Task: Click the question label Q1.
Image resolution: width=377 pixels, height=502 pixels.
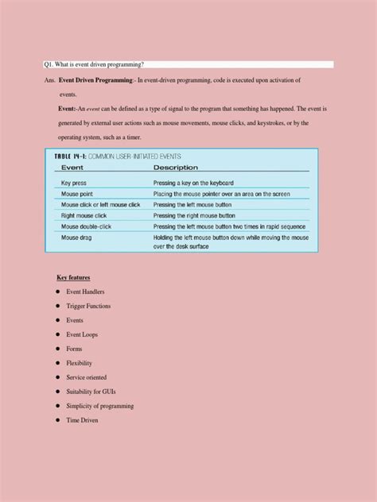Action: (x=50, y=64)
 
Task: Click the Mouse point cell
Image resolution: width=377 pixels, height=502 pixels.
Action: (x=80, y=194)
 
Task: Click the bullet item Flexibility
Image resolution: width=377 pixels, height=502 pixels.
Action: (x=83, y=363)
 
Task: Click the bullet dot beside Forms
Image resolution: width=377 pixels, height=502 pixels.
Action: (x=58, y=349)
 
